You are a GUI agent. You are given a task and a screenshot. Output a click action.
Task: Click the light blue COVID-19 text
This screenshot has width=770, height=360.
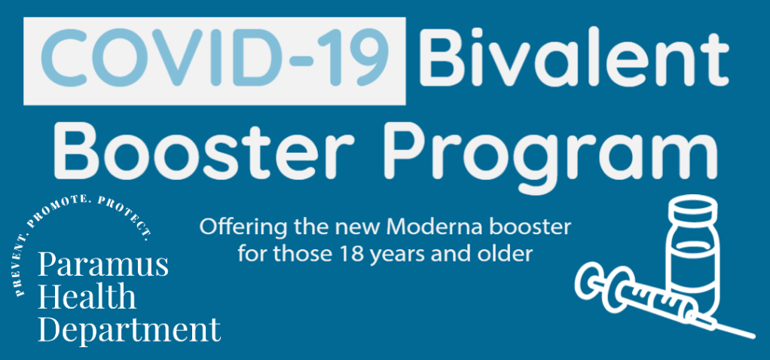215,59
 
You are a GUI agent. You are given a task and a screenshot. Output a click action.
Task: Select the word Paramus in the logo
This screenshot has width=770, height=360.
103,266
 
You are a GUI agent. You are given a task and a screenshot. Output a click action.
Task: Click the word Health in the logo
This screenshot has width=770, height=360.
87,297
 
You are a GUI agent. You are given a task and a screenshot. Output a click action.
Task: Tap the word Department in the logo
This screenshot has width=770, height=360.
130,330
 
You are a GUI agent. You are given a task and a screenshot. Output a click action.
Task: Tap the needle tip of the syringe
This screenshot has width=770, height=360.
753,337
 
